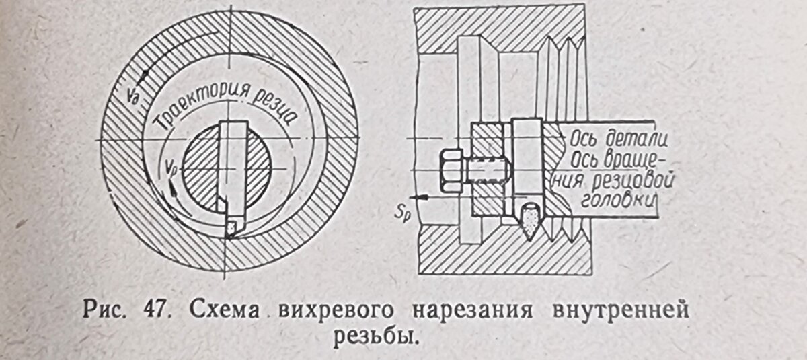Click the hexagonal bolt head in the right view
coord(451,168)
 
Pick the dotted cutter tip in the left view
coord(231,227)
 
